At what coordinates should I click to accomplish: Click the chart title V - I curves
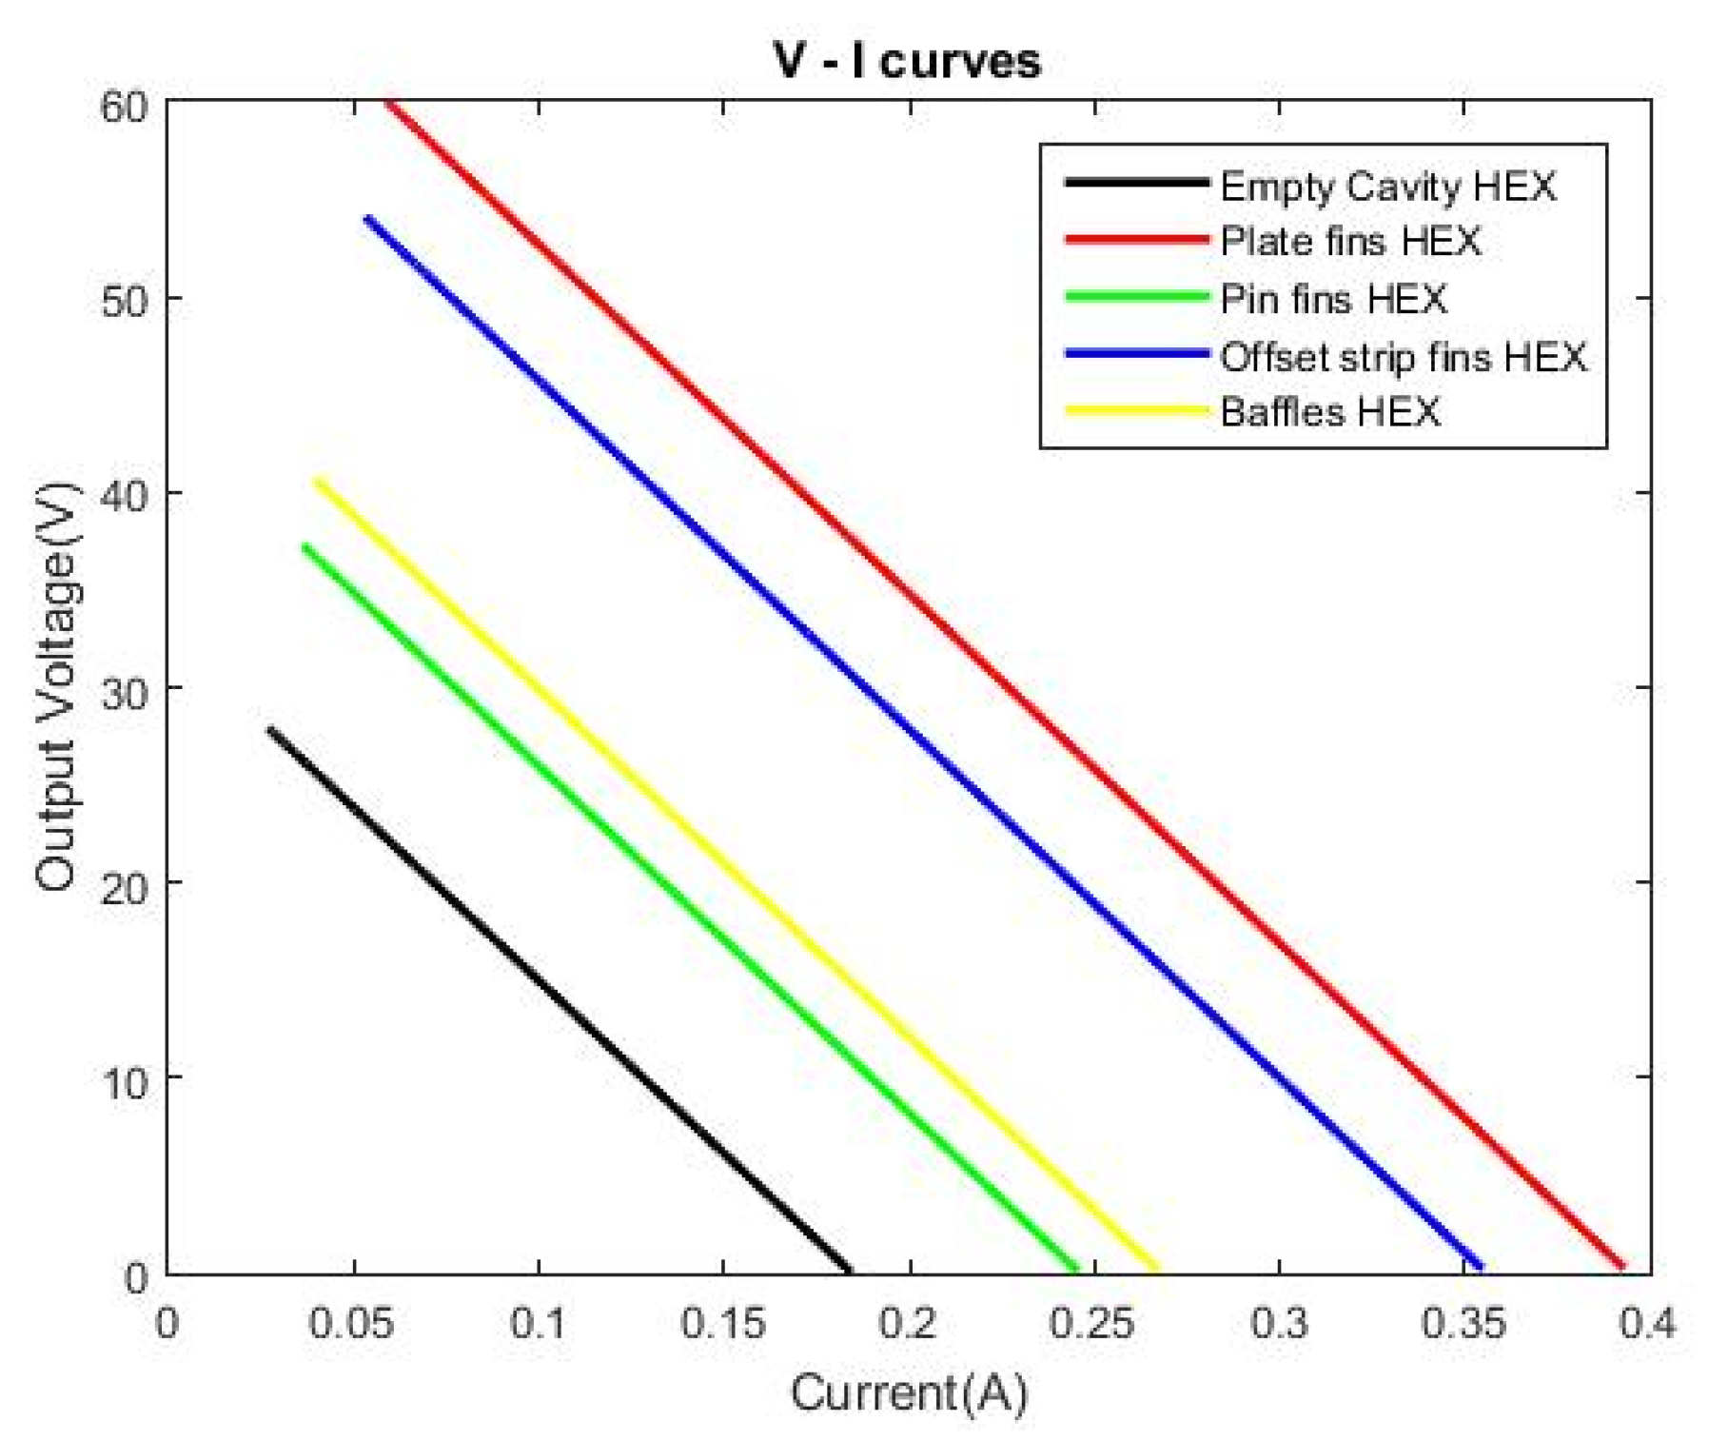[x=907, y=60]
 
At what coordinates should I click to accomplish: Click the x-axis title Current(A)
[x=909, y=1393]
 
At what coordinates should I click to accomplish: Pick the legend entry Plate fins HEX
[x=1350, y=241]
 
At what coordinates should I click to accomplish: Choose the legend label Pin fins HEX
[x=1333, y=299]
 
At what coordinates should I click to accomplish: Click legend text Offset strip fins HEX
[x=1404, y=356]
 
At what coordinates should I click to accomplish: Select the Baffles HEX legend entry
[x=1329, y=412]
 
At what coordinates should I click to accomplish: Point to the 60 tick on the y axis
[x=125, y=105]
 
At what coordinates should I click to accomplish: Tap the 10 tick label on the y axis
[x=125, y=1082]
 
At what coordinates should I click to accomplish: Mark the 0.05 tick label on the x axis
[x=353, y=1324]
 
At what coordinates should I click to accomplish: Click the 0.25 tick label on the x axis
[x=1094, y=1324]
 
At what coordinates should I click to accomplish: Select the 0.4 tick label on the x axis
[x=1648, y=1324]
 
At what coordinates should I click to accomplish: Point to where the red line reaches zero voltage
[x=1622, y=1267]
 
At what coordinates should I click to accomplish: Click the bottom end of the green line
[x=1075, y=1268]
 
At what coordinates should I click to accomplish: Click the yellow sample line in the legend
[x=1136, y=411]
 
